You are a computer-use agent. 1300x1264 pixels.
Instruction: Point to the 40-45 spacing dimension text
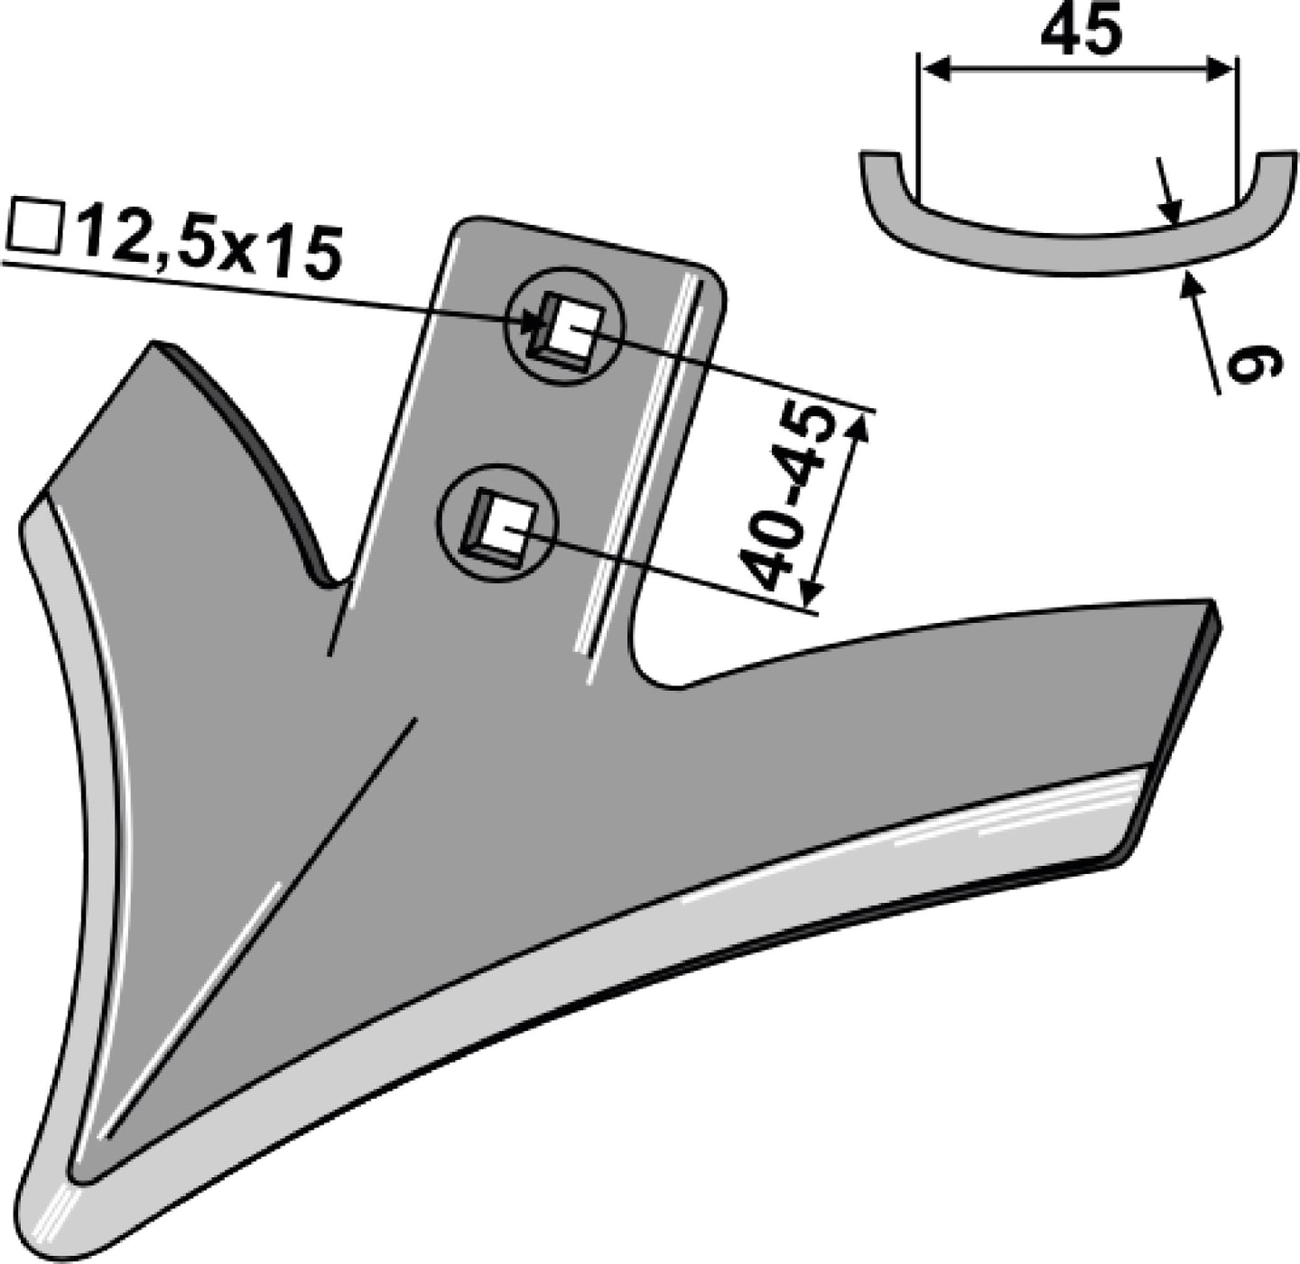[787, 497]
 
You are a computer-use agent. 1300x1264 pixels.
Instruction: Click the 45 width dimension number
[1081, 31]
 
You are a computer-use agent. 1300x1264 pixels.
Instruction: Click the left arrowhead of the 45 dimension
[935, 70]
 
